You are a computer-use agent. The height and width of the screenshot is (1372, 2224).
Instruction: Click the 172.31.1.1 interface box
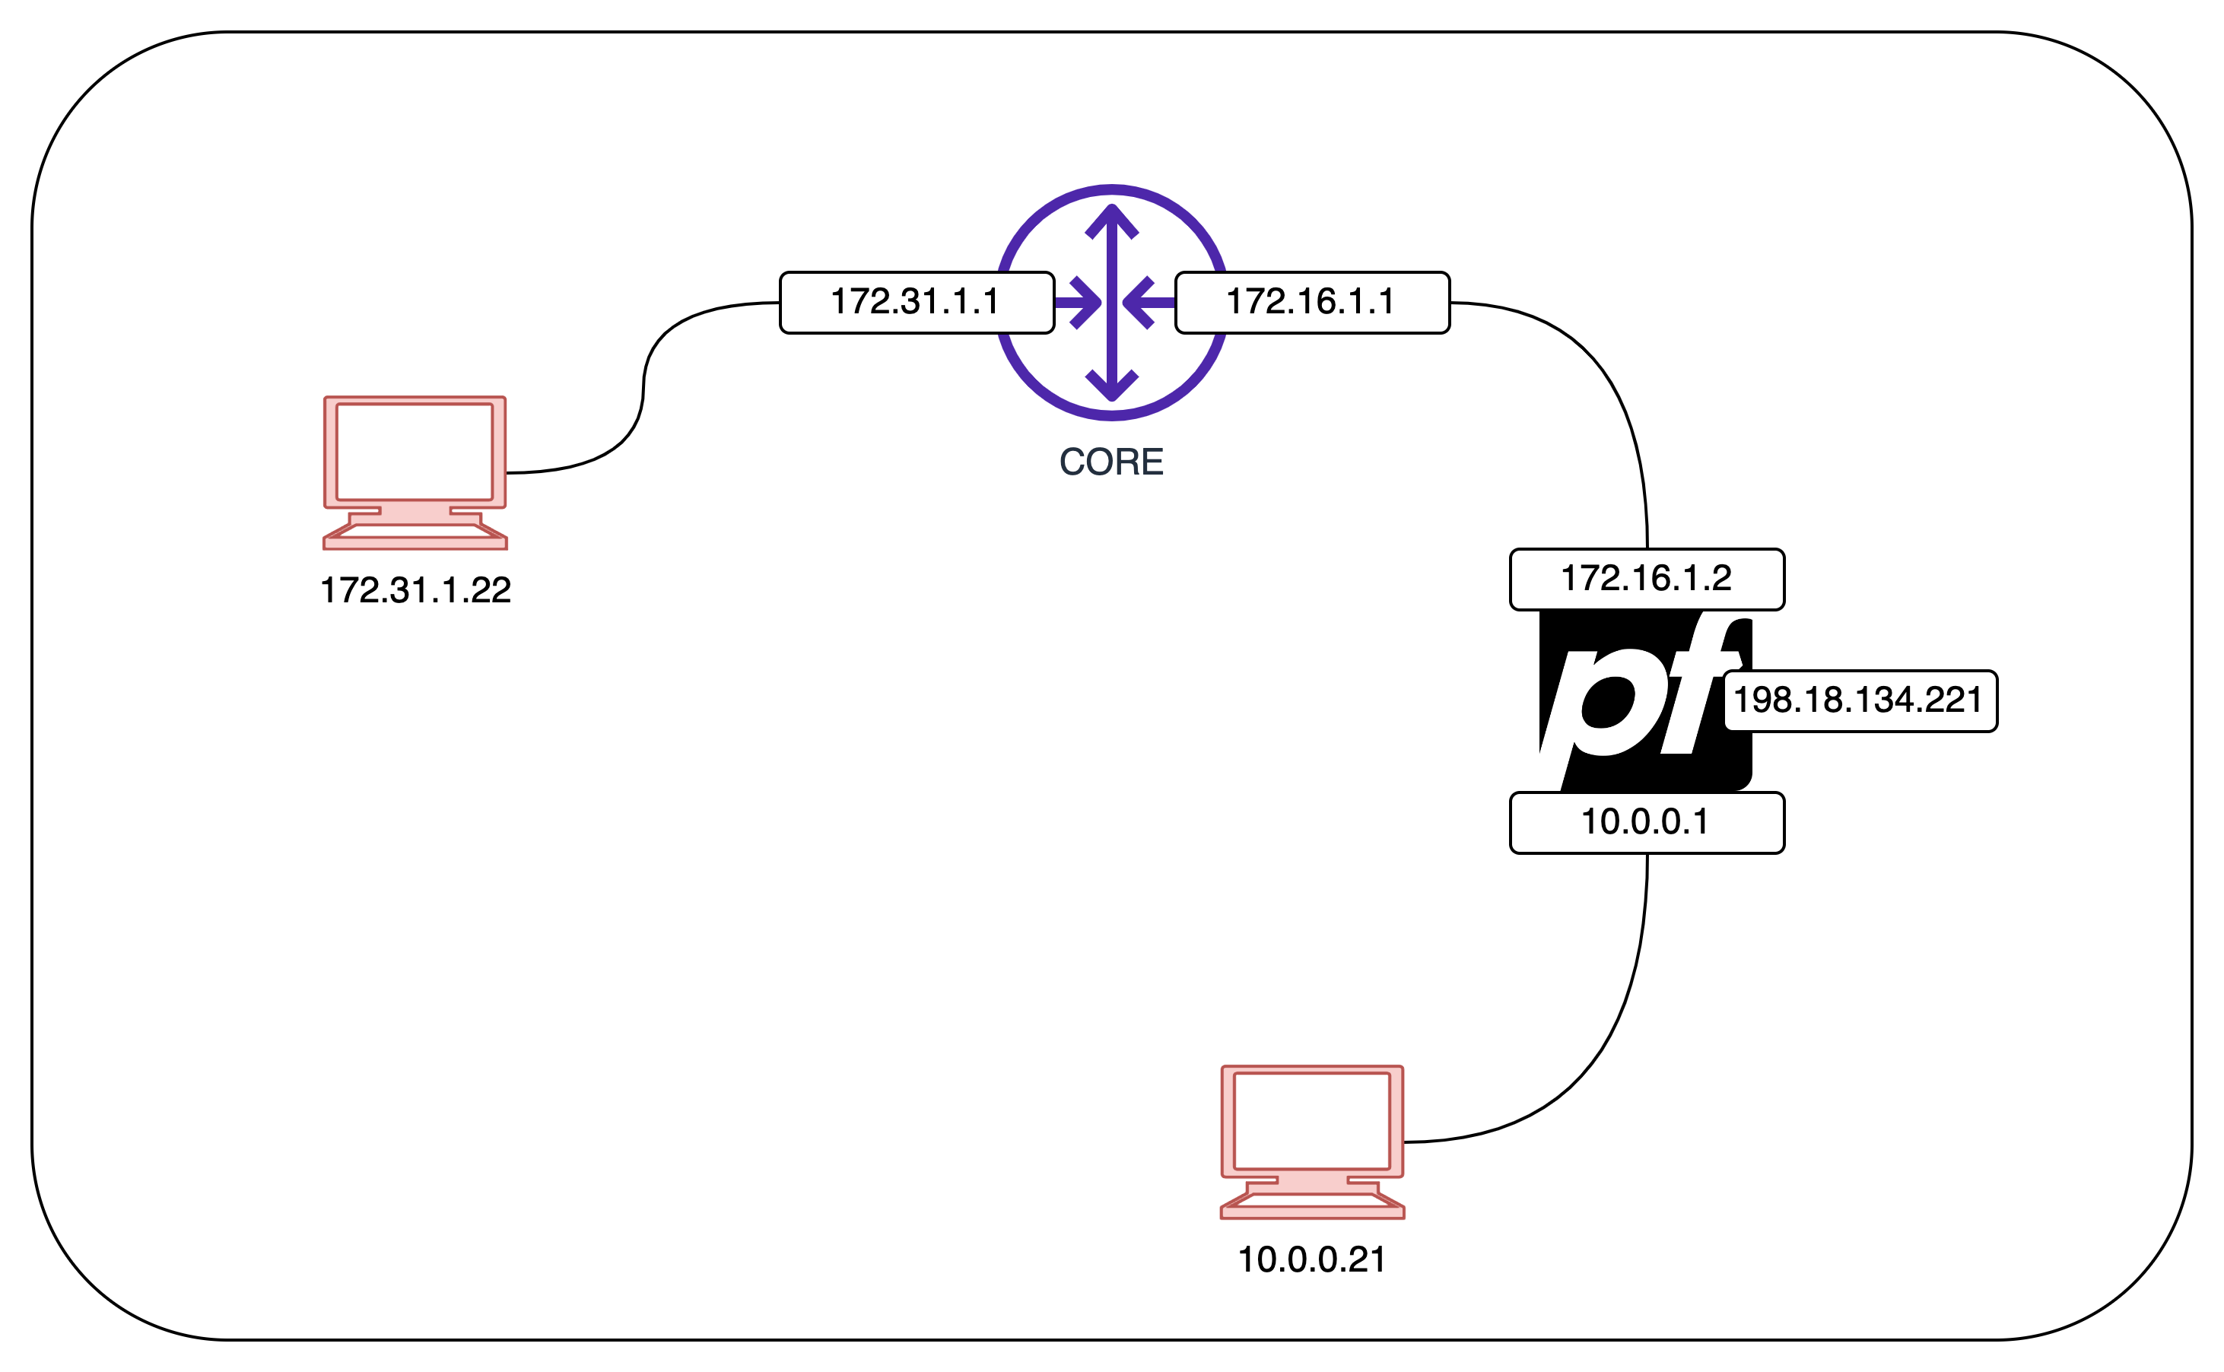917,302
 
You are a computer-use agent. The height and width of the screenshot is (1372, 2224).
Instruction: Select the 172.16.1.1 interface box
1312,302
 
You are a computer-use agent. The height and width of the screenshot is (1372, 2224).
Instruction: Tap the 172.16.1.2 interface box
1647,579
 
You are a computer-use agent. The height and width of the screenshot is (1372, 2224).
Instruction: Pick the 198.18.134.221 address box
1860,700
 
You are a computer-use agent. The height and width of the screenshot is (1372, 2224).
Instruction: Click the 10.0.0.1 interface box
1647,822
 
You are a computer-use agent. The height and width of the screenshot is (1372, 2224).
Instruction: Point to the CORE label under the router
1111,462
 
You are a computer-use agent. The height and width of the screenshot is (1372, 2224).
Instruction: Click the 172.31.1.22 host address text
415,591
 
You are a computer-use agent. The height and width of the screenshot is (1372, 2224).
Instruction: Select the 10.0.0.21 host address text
1312,1259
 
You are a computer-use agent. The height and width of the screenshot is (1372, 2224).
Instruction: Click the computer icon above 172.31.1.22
415,472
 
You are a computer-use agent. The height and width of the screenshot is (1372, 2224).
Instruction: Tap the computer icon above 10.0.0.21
1312,1142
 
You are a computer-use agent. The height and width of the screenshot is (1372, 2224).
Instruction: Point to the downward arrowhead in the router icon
1111,385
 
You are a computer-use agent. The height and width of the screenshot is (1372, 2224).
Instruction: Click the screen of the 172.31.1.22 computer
415,451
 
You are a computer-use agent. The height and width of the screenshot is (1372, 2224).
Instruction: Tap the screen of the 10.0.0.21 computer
1312,1121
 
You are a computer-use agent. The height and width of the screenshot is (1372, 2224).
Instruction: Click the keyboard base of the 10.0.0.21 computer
1312,1203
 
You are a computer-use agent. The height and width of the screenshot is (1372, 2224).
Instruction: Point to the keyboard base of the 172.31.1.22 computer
415,535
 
